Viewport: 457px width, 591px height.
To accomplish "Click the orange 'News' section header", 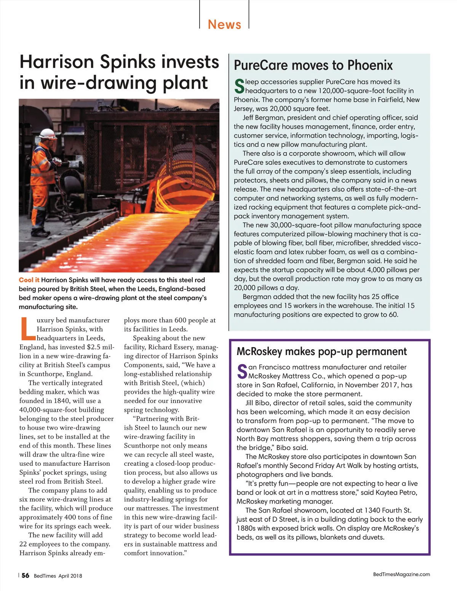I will click(x=224, y=24).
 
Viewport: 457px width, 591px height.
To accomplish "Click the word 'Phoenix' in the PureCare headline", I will click(x=370, y=65).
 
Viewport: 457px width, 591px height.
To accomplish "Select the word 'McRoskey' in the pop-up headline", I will click(x=259, y=351).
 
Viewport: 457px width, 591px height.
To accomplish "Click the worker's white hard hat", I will click(x=48, y=134).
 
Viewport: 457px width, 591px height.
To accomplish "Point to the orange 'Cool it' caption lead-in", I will click(x=29, y=280).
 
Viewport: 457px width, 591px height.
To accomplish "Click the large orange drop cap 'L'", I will click(x=27, y=328).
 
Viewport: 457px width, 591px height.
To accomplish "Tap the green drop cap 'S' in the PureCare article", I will click(x=239, y=86).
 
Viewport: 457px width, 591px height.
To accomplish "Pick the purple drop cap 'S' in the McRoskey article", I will click(x=242, y=372).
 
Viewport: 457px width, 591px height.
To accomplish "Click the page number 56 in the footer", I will click(x=25, y=575).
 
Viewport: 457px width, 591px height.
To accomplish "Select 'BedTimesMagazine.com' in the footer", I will click(x=401, y=574).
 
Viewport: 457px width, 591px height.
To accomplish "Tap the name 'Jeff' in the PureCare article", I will click(x=250, y=118).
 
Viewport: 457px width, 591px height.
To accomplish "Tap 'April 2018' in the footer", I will click(x=70, y=576).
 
